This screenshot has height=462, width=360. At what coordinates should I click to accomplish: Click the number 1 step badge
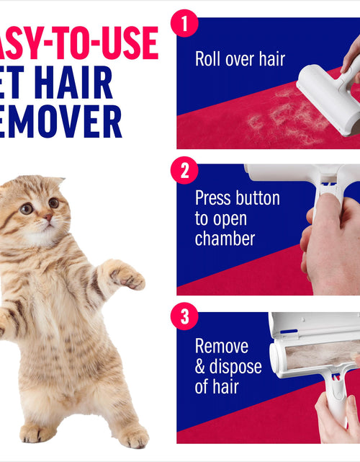[x=184, y=22]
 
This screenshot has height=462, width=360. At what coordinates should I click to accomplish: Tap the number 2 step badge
[x=184, y=171]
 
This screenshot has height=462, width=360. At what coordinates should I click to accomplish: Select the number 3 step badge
[x=184, y=317]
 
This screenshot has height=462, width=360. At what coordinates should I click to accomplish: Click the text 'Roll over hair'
[x=240, y=59]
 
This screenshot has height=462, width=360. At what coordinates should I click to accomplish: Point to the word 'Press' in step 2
[x=216, y=198]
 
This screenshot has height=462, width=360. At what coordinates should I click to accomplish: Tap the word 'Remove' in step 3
[x=222, y=346]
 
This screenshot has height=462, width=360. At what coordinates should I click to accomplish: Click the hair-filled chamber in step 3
[x=317, y=357]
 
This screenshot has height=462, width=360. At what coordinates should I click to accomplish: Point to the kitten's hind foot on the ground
[x=133, y=437]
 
